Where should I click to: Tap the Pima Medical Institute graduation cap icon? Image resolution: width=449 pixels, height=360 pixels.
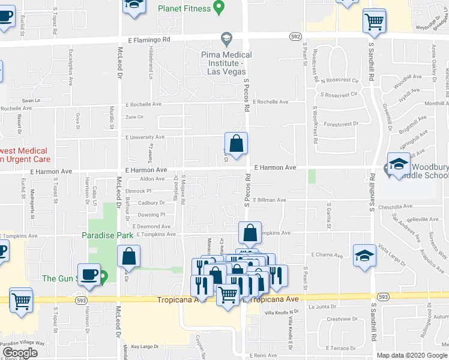226,40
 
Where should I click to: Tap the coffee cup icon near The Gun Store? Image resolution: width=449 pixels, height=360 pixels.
89,274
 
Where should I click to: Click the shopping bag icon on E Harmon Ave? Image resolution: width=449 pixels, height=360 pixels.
237,143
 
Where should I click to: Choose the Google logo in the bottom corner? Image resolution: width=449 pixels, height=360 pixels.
20,353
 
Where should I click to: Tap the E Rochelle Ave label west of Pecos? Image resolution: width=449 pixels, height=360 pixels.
143,104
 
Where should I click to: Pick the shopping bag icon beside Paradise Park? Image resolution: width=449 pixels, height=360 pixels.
129,256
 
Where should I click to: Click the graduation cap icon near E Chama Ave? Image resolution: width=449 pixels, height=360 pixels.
365,255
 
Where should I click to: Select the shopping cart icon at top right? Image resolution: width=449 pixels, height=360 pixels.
375,21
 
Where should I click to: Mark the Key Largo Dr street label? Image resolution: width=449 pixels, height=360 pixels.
144,347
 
